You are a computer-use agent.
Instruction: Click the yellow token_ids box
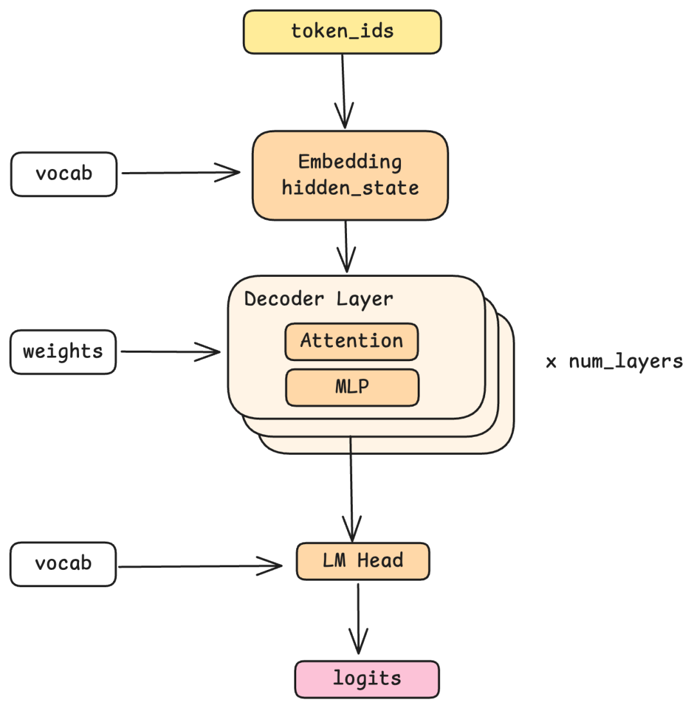[342, 31]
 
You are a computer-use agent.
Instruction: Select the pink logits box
[367, 679]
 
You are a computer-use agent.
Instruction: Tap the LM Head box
[362, 561]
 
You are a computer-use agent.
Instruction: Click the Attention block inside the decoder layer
[351, 341]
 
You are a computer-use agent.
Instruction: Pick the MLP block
[352, 387]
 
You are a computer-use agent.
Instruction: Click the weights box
[63, 352]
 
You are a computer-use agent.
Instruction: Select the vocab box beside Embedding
[63, 173]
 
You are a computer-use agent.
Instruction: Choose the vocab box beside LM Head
[63, 564]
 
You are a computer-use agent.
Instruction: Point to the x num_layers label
[614, 362]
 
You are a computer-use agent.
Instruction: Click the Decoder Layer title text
[319, 299]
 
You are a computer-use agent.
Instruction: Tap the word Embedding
[350, 162]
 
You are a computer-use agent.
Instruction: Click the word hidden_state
[350, 188]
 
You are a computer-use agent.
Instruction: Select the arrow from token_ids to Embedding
[343, 90]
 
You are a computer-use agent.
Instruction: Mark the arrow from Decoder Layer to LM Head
[351, 488]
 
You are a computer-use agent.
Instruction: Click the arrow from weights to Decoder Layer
[170, 351]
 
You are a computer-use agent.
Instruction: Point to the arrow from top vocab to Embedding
[180, 172]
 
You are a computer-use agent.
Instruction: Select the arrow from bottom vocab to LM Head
[199, 566]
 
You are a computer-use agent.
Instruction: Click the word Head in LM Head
[380, 561]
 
